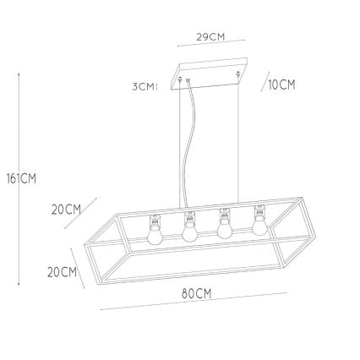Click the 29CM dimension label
click(x=210, y=37)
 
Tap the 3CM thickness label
click(x=144, y=86)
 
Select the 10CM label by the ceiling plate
click(x=281, y=85)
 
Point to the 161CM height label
click(x=22, y=178)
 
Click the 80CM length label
click(x=196, y=294)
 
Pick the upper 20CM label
click(x=66, y=210)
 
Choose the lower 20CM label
click(x=62, y=272)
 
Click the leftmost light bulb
click(x=155, y=233)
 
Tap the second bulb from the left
click(x=189, y=231)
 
